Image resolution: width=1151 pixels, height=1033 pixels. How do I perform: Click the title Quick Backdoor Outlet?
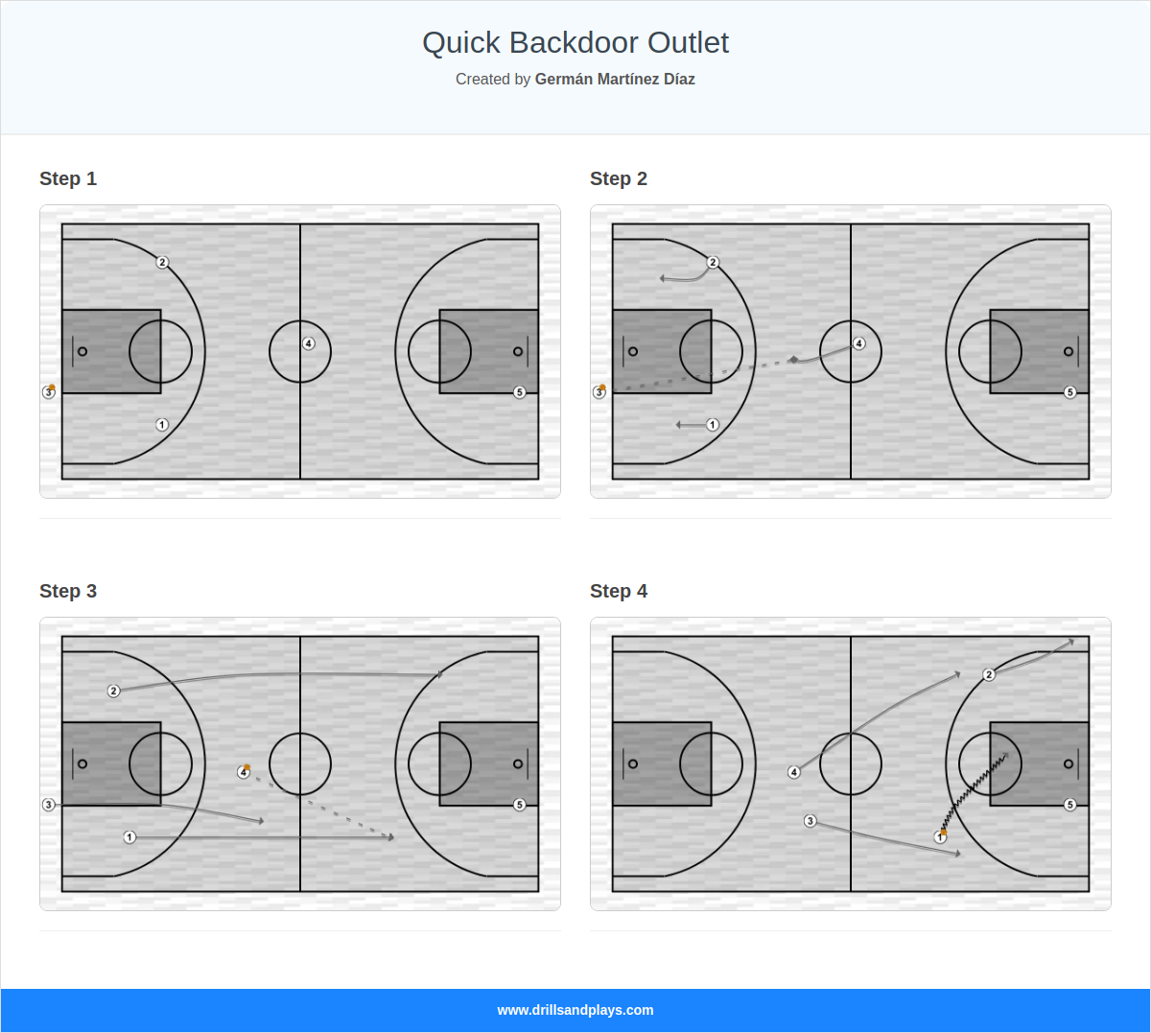[575, 43]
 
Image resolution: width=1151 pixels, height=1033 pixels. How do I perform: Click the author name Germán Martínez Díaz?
[615, 80]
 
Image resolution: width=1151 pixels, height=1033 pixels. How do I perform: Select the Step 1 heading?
[68, 178]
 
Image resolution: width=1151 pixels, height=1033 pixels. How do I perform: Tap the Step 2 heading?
[619, 178]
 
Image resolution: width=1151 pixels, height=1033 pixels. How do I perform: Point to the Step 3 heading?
[68, 591]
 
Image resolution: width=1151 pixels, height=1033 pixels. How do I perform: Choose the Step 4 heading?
[619, 591]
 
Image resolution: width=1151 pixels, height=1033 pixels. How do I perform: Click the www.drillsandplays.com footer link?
[575, 1010]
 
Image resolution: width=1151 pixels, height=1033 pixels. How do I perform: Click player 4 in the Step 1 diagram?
[308, 343]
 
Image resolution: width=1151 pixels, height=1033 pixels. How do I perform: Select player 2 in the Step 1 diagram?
[162, 262]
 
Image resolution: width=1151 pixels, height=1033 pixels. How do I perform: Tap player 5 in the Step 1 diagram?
[520, 392]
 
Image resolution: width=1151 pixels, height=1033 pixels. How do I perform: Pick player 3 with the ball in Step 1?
[49, 392]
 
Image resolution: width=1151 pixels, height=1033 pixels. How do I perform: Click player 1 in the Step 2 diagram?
[713, 425]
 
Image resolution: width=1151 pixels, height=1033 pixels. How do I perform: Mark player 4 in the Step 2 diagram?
[858, 343]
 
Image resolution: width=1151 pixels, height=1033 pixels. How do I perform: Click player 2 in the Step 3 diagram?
[113, 691]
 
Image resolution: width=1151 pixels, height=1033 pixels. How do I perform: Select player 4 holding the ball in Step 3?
[244, 772]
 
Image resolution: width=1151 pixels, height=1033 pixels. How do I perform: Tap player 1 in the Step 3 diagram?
[129, 837]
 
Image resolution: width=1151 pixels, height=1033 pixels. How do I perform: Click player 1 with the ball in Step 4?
[940, 837]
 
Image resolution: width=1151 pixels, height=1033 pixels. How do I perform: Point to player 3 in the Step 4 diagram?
[810, 821]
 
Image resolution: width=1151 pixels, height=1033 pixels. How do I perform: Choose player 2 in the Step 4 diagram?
[989, 674]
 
